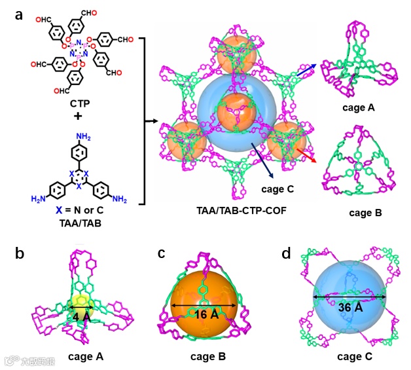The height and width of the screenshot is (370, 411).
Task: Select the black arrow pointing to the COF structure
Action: point(151,121)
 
